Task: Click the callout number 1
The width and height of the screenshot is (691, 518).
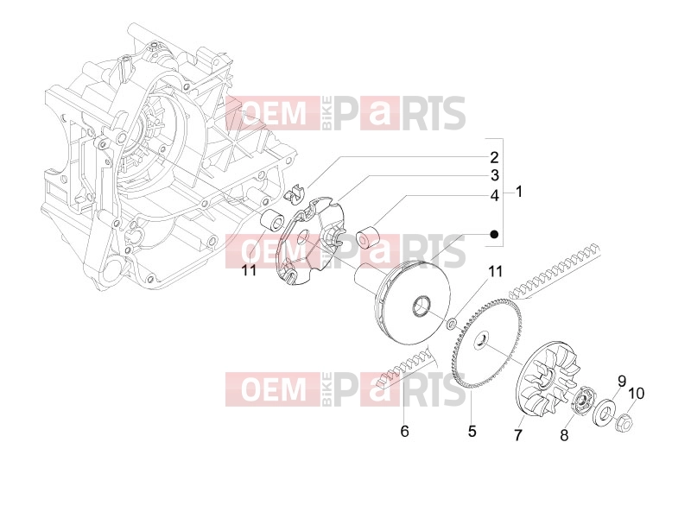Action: click(x=519, y=192)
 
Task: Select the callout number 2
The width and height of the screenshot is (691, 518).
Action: click(x=494, y=158)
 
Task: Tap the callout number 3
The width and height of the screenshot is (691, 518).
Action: click(x=494, y=175)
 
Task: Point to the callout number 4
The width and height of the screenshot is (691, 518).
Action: click(x=494, y=196)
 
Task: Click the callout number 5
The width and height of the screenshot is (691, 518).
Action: click(x=472, y=431)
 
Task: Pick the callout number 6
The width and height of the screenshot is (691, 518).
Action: click(x=404, y=431)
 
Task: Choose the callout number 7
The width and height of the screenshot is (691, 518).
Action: click(x=518, y=435)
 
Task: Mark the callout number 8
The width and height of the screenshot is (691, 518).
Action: click(x=564, y=436)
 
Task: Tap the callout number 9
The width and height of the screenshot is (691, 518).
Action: click(x=621, y=381)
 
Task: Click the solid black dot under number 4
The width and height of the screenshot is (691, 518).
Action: click(x=494, y=234)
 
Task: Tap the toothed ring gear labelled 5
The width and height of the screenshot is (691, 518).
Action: click(x=487, y=344)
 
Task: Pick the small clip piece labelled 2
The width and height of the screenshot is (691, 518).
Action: click(x=294, y=193)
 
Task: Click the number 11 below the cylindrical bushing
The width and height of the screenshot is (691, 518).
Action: click(x=249, y=269)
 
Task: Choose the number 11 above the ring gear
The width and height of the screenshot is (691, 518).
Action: click(x=495, y=271)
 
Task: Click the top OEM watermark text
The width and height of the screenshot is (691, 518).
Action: click(x=274, y=113)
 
